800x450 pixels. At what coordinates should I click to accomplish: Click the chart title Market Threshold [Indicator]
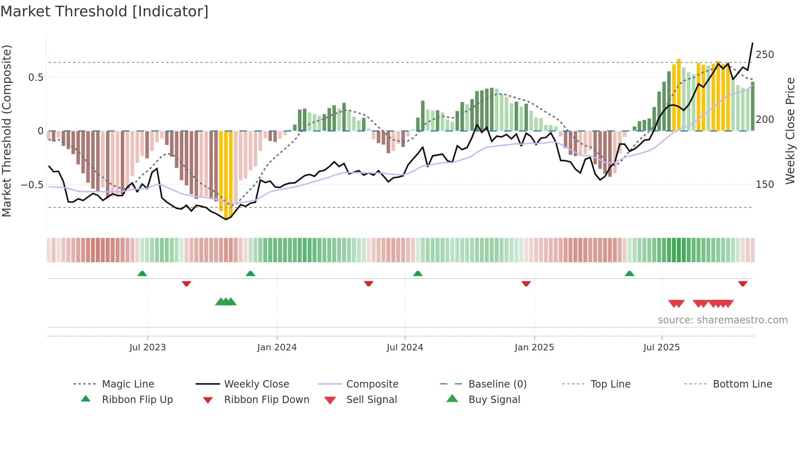point(104,11)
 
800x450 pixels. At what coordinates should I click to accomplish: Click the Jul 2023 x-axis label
point(147,348)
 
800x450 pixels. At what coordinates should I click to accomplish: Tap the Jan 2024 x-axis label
point(277,348)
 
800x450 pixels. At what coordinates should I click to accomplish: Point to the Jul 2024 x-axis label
point(404,348)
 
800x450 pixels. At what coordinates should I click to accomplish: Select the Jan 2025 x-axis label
point(534,348)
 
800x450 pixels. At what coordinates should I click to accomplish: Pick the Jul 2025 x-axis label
point(661,348)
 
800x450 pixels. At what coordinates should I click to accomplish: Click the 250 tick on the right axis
point(764,55)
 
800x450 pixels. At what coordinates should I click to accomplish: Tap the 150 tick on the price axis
point(764,185)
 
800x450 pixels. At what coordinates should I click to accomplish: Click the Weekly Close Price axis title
point(790,131)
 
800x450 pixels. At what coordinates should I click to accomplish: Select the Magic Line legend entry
point(128,384)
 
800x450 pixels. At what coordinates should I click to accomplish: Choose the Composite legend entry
point(372,384)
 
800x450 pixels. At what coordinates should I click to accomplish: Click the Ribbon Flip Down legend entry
point(266,400)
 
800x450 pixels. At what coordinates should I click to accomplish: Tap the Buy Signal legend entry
point(494,400)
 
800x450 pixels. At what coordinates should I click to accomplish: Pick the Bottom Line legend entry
point(742,384)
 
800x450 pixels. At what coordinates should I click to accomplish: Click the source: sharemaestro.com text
point(722,320)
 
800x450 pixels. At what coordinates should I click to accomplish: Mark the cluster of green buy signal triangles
point(226,302)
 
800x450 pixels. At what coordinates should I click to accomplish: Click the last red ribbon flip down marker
point(742,283)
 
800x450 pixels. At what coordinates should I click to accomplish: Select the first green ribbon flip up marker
point(142,274)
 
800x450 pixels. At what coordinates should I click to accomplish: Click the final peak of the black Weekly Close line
point(752,43)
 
